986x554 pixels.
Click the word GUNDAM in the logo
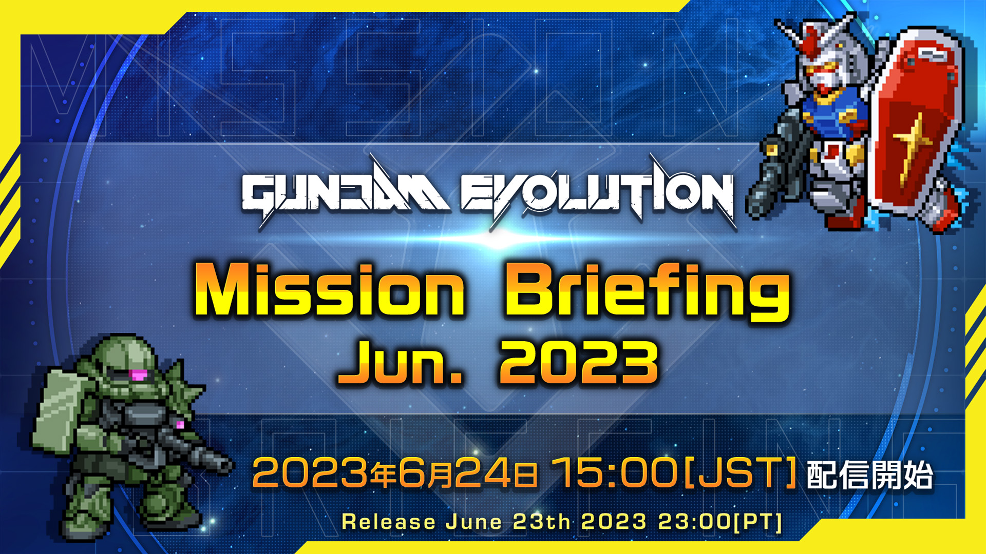click(x=345, y=194)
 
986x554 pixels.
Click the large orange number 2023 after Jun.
click(x=579, y=363)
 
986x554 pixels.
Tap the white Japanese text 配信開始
click(x=870, y=475)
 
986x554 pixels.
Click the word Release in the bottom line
click(x=389, y=522)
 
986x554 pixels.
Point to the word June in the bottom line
click(x=474, y=522)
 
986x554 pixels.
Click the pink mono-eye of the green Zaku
click(x=138, y=375)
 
